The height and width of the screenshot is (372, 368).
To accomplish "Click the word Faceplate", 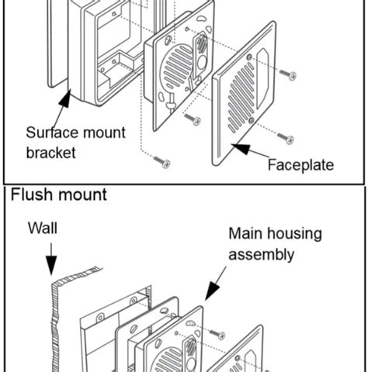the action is coord(300,165).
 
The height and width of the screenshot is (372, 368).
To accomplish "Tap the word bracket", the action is coord(51,153).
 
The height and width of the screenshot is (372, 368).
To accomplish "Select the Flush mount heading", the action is coord(59,195).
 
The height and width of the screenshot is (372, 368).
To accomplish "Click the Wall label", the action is coord(43,229).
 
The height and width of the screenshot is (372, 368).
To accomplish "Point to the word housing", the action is coord(294,234).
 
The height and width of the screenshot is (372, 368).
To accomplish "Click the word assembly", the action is coord(262,255).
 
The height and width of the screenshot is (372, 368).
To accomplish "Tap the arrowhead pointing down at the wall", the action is coord(51,265).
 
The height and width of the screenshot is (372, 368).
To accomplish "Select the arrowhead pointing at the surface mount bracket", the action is coord(66,98).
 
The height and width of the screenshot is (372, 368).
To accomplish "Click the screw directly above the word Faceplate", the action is coord(286,138).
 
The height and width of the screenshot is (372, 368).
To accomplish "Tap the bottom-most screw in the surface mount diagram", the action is coord(162,162).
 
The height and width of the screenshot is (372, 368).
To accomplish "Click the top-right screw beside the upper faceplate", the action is coord(288,74).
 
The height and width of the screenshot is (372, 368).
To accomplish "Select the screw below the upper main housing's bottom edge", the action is coord(193,119).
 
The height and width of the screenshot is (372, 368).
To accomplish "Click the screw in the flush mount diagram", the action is coord(217,334).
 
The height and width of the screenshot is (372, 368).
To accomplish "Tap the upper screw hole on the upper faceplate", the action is coord(248,57).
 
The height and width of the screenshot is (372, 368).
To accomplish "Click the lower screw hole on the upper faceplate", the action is coord(251,120).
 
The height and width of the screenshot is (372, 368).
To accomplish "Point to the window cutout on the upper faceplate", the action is coord(262,78).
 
